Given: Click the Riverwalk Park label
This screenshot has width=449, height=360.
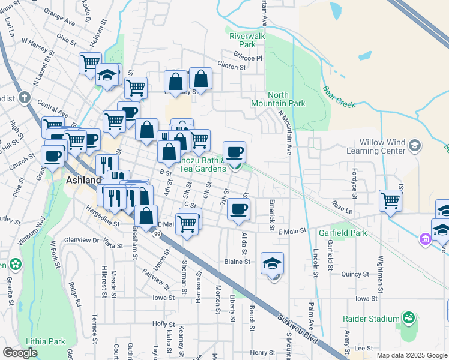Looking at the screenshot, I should pyautogui.click(x=247, y=40).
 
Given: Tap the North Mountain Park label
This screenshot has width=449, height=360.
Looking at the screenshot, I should pyautogui.click(x=286, y=99).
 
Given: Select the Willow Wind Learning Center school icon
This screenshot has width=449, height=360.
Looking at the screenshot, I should pyautogui.click(x=415, y=145).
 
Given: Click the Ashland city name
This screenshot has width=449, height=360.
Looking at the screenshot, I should pyautogui.click(x=82, y=179).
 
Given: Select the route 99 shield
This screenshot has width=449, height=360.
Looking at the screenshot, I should pyautogui.click(x=157, y=233).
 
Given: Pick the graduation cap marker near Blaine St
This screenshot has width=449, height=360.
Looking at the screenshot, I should pyautogui.click(x=272, y=263).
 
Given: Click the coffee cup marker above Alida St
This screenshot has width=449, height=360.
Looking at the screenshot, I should pyautogui.click(x=239, y=209).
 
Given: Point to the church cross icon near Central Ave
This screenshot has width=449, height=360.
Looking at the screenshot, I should pyautogui.click(x=24, y=97).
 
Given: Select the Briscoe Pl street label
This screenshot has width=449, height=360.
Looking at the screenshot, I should pyautogui.click(x=251, y=58).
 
